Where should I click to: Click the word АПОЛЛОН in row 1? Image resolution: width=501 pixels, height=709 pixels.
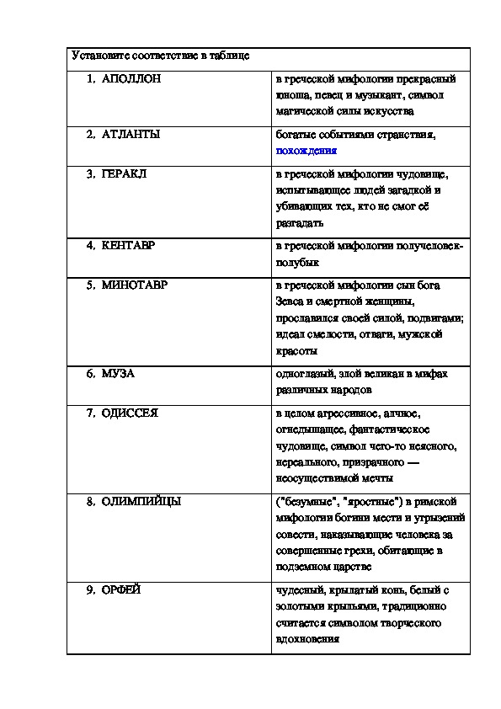pyautogui.click(x=131, y=79)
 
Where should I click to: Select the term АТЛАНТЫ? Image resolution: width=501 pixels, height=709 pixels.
pyautogui.click(x=131, y=134)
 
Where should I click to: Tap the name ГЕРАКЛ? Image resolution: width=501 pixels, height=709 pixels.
pyautogui.click(x=125, y=174)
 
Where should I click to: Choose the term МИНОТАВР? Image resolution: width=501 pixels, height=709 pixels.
pyautogui.click(x=135, y=285)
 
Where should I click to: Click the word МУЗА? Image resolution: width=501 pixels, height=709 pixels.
pyautogui.click(x=118, y=373)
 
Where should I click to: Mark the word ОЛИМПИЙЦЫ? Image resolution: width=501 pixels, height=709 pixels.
pyautogui.click(x=141, y=501)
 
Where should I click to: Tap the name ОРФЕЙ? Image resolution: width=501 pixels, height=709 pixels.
pyautogui.click(x=121, y=589)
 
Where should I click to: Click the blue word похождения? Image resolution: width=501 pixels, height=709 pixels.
pyautogui.click(x=306, y=151)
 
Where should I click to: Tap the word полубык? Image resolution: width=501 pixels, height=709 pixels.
pyautogui.click(x=296, y=263)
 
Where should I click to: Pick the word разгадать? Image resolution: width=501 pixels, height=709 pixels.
pyautogui.click(x=299, y=223)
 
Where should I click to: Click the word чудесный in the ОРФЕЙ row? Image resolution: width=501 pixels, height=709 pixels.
pyautogui.click(x=300, y=589)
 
